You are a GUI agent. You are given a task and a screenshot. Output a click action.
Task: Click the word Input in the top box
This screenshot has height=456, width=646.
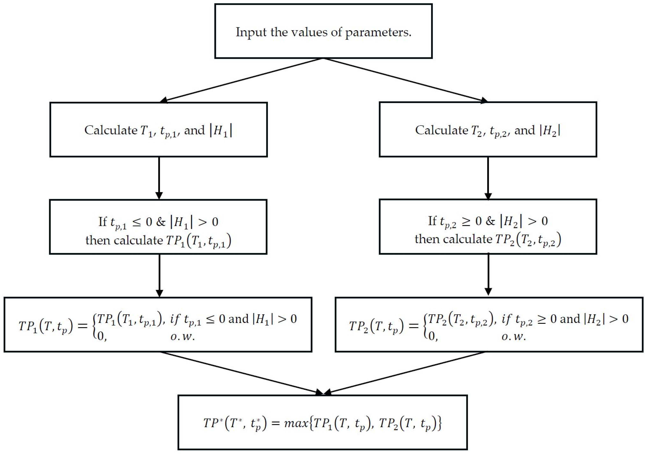(x=251, y=32)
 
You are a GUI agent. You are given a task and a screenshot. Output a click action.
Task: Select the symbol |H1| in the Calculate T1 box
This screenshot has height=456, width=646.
(x=221, y=131)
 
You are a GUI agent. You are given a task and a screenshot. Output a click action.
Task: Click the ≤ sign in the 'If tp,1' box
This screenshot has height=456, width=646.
(x=137, y=222)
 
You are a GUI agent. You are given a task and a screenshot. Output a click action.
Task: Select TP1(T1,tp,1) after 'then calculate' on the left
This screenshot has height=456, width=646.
(x=199, y=241)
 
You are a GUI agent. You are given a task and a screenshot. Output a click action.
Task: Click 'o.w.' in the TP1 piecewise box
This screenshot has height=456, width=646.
(x=183, y=337)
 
